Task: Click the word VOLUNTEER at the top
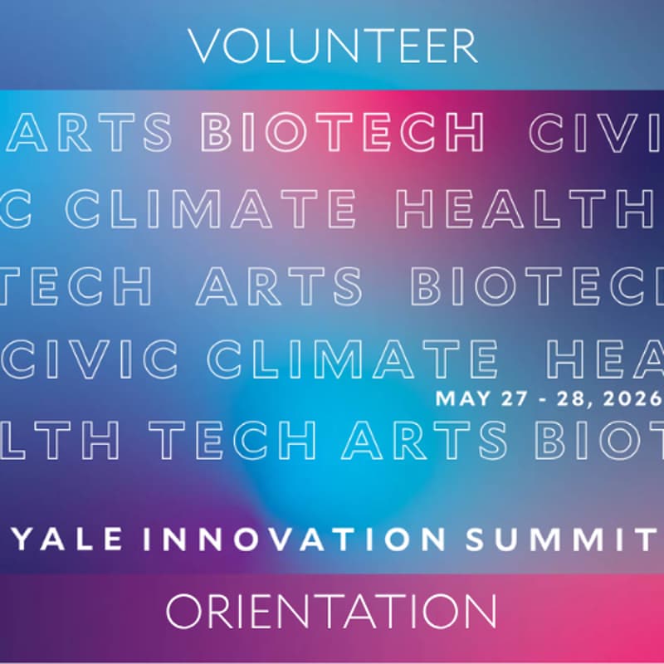pos(333,46)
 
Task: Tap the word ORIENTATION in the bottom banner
pos(332,613)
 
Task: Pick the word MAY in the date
pos(458,398)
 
